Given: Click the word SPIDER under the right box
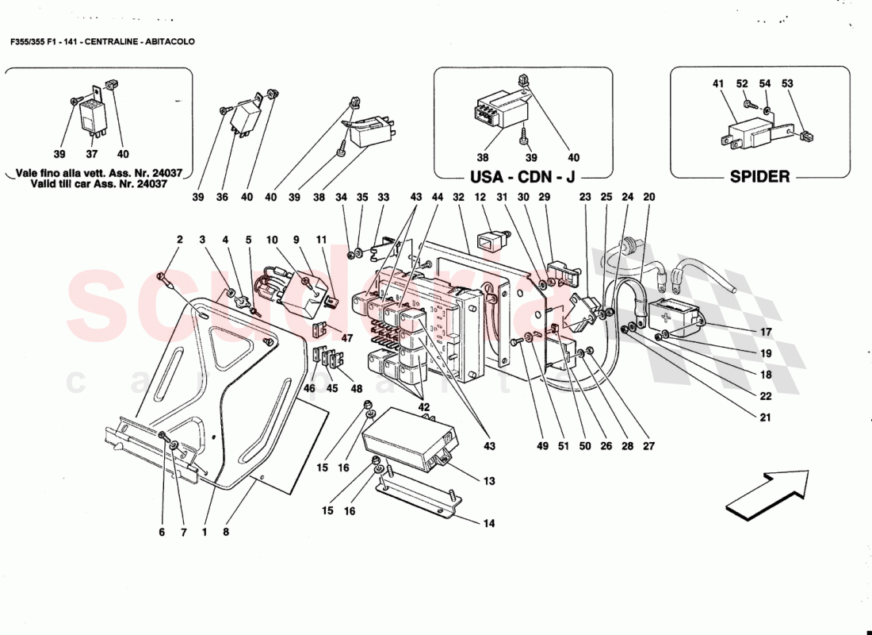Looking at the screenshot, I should coord(759,176).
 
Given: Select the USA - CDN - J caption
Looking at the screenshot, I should coord(522,176).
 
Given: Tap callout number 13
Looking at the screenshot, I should coord(488,481).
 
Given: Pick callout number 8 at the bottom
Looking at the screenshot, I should coord(226,533).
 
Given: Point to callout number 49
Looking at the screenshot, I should coord(542,446).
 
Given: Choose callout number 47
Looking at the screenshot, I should coord(346,337).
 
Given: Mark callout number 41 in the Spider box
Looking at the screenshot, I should coord(718,83).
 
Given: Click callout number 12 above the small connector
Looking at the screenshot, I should coord(480,197).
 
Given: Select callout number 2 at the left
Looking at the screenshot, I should coord(179,239).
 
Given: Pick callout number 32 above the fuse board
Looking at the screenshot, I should coord(458,197).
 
